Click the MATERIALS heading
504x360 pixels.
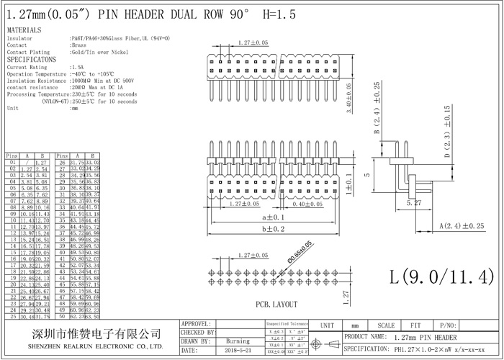24,30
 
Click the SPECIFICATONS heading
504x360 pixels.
32,59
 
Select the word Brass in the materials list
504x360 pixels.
79,45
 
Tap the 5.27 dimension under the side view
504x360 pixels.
413,204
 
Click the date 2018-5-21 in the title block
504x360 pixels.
238,350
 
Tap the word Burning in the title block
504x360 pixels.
238,341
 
